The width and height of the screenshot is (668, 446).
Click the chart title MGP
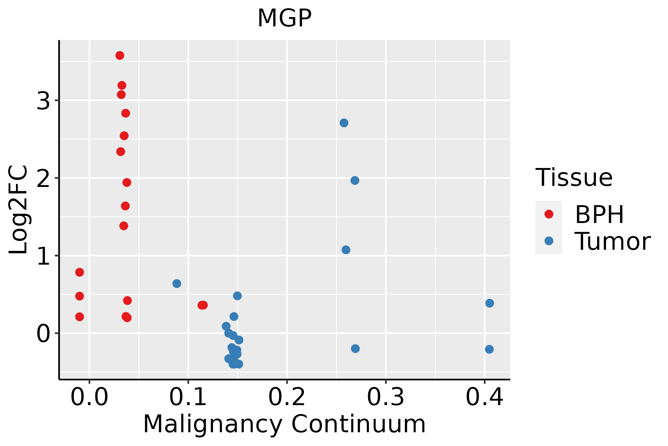pyautogui.click(x=284, y=18)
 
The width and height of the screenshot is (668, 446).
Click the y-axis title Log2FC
pyautogui.click(x=19, y=210)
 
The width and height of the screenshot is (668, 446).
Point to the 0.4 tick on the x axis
pyautogui.click(x=484, y=398)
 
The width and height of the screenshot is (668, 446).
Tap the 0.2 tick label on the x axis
pyautogui.click(x=287, y=398)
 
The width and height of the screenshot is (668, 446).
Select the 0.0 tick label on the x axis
pyautogui.click(x=89, y=398)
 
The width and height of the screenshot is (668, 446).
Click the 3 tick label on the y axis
pyautogui.click(x=43, y=101)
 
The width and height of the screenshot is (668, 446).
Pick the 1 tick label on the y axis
pyautogui.click(x=43, y=256)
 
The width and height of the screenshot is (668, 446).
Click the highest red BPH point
pyautogui.click(x=120, y=56)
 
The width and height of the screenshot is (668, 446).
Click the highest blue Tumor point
pyautogui.click(x=344, y=123)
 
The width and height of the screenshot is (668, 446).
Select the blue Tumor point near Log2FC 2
pyautogui.click(x=355, y=181)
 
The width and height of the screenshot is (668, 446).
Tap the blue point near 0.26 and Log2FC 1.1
pyautogui.click(x=346, y=250)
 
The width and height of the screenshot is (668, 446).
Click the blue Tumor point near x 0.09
pyautogui.click(x=177, y=284)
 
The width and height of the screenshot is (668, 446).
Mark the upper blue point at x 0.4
pyautogui.click(x=489, y=303)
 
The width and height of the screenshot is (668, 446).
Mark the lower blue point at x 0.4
pyautogui.click(x=489, y=349)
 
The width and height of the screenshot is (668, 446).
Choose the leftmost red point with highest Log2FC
pyautogui.click(x=79, y=272)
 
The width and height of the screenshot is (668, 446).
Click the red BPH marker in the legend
pyautogui.click(x=549, y=214)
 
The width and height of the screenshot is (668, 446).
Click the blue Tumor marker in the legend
pyautogui.click(x=549, y=241)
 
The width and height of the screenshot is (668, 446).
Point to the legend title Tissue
pyautogui.click(x=574, y=178)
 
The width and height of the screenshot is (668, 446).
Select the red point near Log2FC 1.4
pyautogui.click(x=124, y=226)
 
